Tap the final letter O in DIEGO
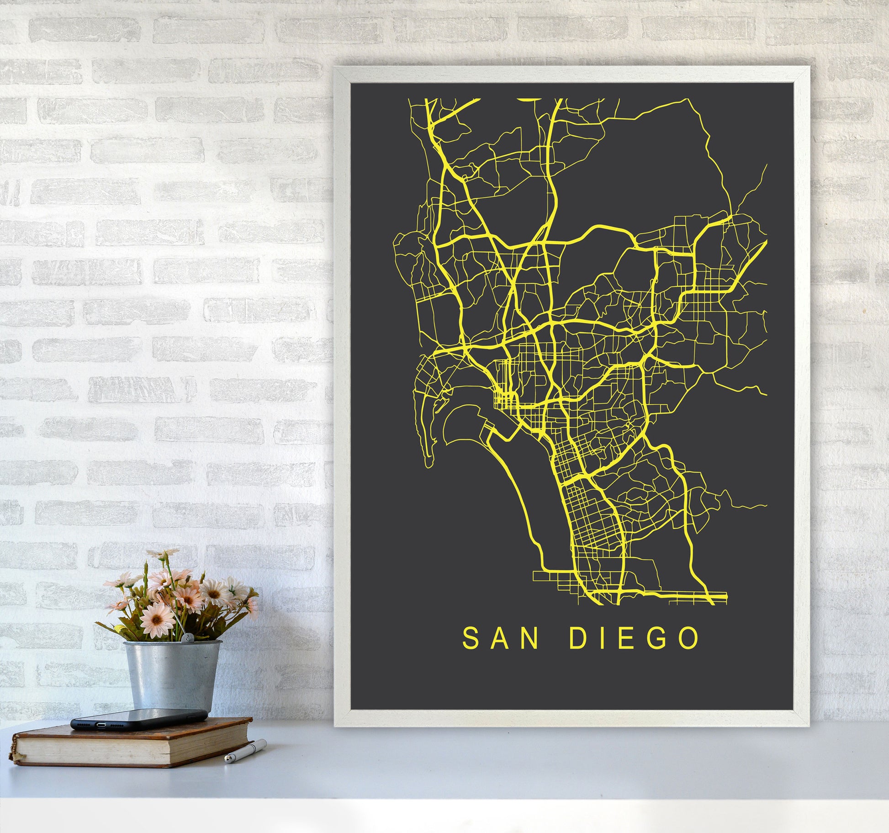[x=689, y=639]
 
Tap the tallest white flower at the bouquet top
[x=163, y=554]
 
